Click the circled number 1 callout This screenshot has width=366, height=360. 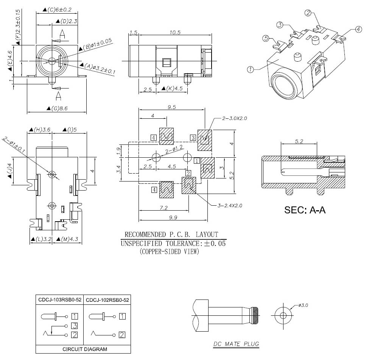[x=250, y=70]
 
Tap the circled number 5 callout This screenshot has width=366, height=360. [x=266, y=38]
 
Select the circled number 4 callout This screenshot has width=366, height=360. [x=358, y=29]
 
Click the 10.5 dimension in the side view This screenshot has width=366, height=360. [x=175, y=33]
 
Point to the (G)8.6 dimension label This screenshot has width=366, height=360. [x=58, y=109]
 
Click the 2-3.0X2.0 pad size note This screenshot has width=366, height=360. [x=235, y=118]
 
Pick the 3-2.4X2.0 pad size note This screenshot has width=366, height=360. [x=230, y=205]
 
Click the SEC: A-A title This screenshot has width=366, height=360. [x=305, y=210]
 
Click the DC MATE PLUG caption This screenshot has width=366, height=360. [x=236, y=344]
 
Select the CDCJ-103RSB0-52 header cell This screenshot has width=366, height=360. [x=59, y=300]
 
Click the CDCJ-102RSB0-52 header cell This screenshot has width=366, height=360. [x=107, y=300]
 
